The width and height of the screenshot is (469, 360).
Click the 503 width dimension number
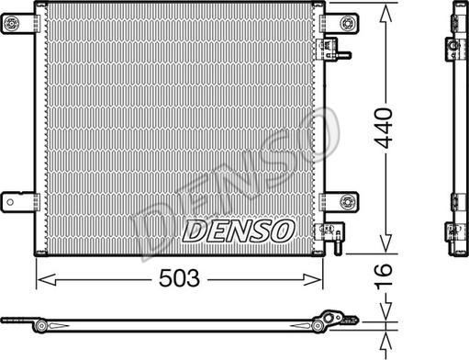click(x=179, y=278)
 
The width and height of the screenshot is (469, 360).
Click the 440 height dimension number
click(x=384, y=128)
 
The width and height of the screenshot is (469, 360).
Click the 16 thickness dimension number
click(x=384, y=276)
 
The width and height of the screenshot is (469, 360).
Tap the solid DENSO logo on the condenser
click(x=239, y=231)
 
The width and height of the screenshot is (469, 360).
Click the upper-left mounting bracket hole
click(x=12, y=23)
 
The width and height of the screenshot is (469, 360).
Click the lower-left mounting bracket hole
click(x=10, y=202)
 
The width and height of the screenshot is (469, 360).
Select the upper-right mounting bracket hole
click(x=346, y=23)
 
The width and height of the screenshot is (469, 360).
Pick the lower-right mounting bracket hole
click(x=346, y=202)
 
